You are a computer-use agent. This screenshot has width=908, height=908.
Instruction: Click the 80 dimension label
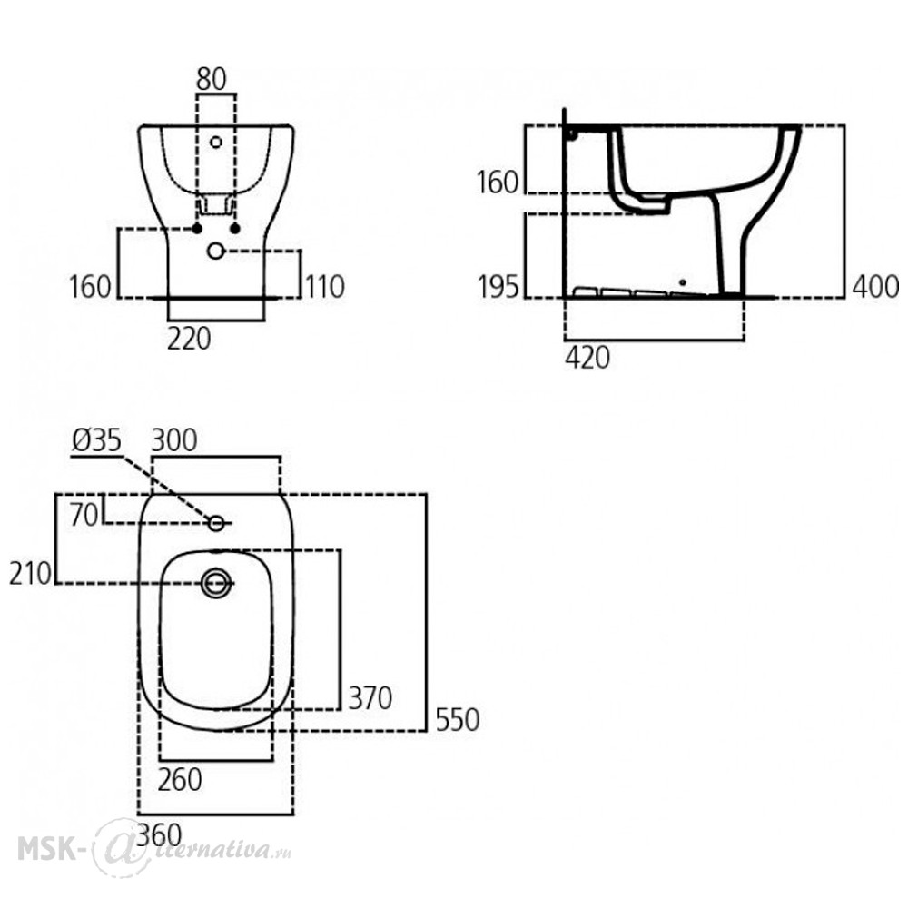212,79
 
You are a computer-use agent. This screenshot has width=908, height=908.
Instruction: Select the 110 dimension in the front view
325,287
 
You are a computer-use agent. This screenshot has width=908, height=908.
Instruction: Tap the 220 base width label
189,339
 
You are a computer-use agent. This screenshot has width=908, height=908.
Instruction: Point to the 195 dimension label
498,287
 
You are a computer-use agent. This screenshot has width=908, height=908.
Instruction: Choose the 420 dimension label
587,358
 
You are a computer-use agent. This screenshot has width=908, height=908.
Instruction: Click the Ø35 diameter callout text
97,440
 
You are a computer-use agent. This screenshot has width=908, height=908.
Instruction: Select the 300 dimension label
173,440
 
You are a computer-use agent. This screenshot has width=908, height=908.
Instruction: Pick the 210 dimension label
30,573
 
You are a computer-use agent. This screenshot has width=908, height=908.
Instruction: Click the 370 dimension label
370,697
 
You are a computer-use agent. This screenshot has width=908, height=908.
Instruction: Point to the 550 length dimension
458,720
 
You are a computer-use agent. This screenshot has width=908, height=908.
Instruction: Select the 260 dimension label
180,779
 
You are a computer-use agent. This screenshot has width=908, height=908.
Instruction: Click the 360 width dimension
160,835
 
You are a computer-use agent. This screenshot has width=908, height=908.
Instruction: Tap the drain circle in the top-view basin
217,583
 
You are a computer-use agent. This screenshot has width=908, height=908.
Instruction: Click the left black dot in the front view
197,229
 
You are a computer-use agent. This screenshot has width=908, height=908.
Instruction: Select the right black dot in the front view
234,229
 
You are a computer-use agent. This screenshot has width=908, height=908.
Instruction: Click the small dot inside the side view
683,282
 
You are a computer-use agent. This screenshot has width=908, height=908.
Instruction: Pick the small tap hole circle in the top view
217,524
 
